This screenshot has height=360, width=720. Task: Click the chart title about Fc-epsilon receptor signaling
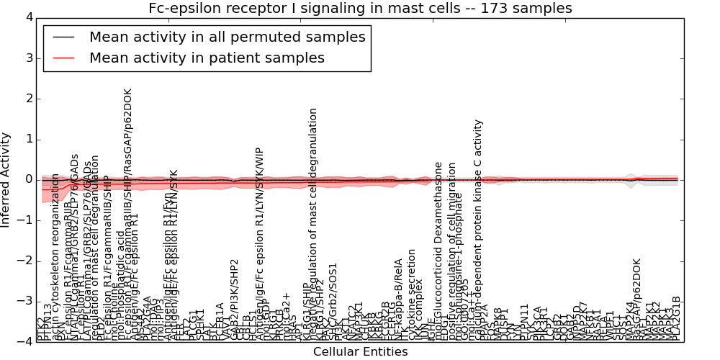(x=360, y=8)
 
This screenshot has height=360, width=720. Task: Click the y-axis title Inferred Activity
(x=6, y=180)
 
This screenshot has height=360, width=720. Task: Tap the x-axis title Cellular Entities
(x=360, y=352)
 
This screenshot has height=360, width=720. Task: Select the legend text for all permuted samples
(x=227, y=37)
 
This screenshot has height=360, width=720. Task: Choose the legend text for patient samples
(x=207, y=58)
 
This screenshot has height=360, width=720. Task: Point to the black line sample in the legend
(x=63, y=37)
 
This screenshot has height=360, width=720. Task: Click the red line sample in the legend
(x=63, y=58)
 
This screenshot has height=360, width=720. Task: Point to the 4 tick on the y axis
(x=28, y=17)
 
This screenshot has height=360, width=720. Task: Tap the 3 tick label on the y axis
(x=28, y=58)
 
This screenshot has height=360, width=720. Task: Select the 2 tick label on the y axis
(x=28, y=99)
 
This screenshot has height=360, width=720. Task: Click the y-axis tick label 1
(x=28, y=139)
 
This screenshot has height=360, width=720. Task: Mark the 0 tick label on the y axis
(x=28, y=179)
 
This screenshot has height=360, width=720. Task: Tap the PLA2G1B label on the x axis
(x=676, y=317)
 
